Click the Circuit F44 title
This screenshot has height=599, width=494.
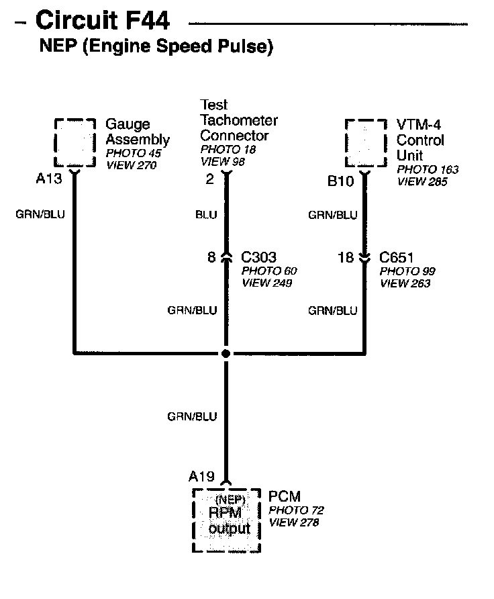click(x=102, y=21)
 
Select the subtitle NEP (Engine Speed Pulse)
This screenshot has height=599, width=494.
click(x=156, y=48)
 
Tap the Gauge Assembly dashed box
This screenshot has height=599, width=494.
click(x=75, y=142)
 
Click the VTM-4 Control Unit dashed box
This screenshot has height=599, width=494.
click(x=366, y=143)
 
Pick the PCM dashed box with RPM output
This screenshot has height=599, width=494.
click(x=226, y=520)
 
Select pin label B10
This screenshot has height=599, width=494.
click(x=340, y=181)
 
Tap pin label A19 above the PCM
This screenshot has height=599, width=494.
click(x=201, y=477)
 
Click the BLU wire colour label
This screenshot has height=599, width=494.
click(x=206, y=215)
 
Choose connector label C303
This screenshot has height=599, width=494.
click(x=258, y=257)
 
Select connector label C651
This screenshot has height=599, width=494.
click(x=397, y=257)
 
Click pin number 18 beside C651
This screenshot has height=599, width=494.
click(x=345, y=257)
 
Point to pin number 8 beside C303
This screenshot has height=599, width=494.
click(x=211, y=257)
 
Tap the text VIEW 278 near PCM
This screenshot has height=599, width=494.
click(x=293, y=522)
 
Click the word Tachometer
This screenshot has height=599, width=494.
click(x=238, y=120)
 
